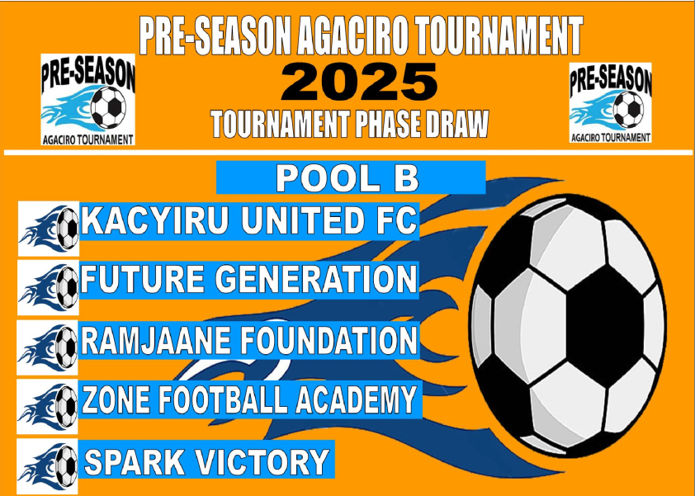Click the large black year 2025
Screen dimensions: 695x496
click(x=359, y=83)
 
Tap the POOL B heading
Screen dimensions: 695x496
click(x=347, y=178)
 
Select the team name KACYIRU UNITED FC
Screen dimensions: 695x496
click(x=249, y=220)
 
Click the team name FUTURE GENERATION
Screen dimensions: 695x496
click(x=248, y=279)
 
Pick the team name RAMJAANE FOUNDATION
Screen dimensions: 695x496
click(x=248, y=340)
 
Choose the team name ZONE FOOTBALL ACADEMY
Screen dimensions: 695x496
click(x=249, y=399)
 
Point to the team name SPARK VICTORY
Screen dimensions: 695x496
click(x=206, y=462)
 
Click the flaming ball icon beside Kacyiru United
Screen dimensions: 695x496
click(x=49, y=229)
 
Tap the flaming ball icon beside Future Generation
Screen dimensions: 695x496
click(x=49, y=288)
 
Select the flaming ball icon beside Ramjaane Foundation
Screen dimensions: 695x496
click(x=48, y=347)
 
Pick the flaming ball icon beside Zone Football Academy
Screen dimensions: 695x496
click(x=47, y=407)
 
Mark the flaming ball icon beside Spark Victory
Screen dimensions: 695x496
click(x=47, y=466)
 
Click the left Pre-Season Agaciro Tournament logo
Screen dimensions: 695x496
click(x=87, y=99)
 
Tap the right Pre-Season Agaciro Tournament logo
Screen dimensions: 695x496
click(x=610, y=102)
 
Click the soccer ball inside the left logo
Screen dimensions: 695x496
click(x=108, y=107)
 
